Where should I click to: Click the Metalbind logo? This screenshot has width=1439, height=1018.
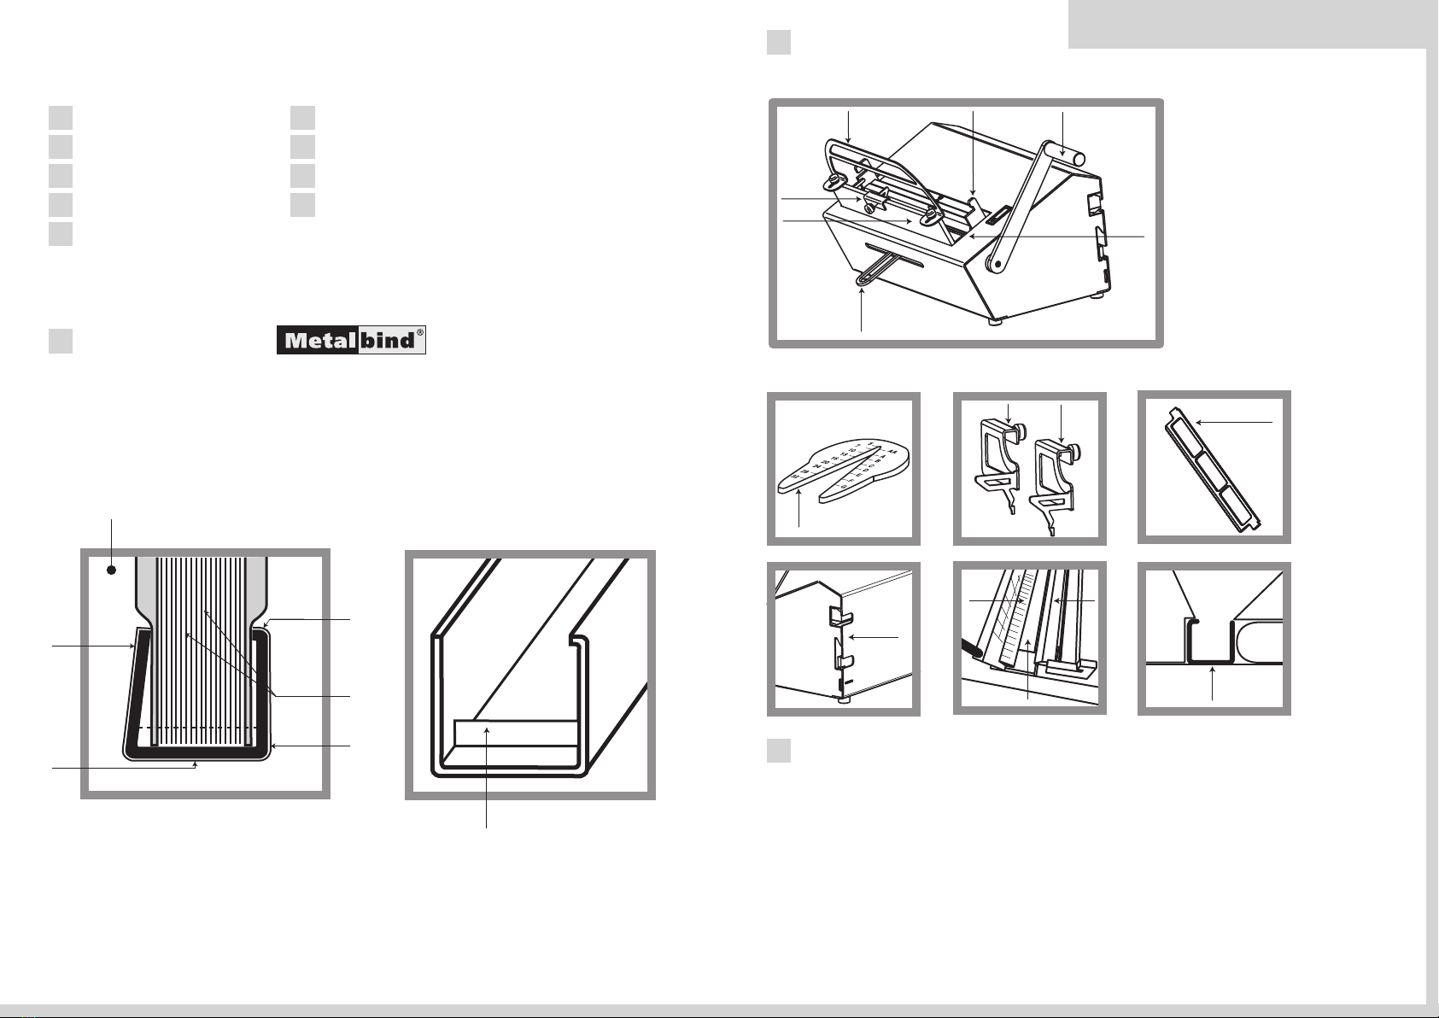click(x=351, y=341)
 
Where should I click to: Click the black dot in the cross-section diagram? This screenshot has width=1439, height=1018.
click(x=111, y=570)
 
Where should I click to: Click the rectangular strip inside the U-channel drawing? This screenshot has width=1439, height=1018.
click(x=516, y=732)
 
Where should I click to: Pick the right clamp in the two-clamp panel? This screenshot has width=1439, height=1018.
click(x=1051, y=478)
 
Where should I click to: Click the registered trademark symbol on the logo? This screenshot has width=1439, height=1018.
click(x=419, y=334)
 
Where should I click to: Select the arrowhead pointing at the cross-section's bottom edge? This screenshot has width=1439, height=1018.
click(x=197, y=763)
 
